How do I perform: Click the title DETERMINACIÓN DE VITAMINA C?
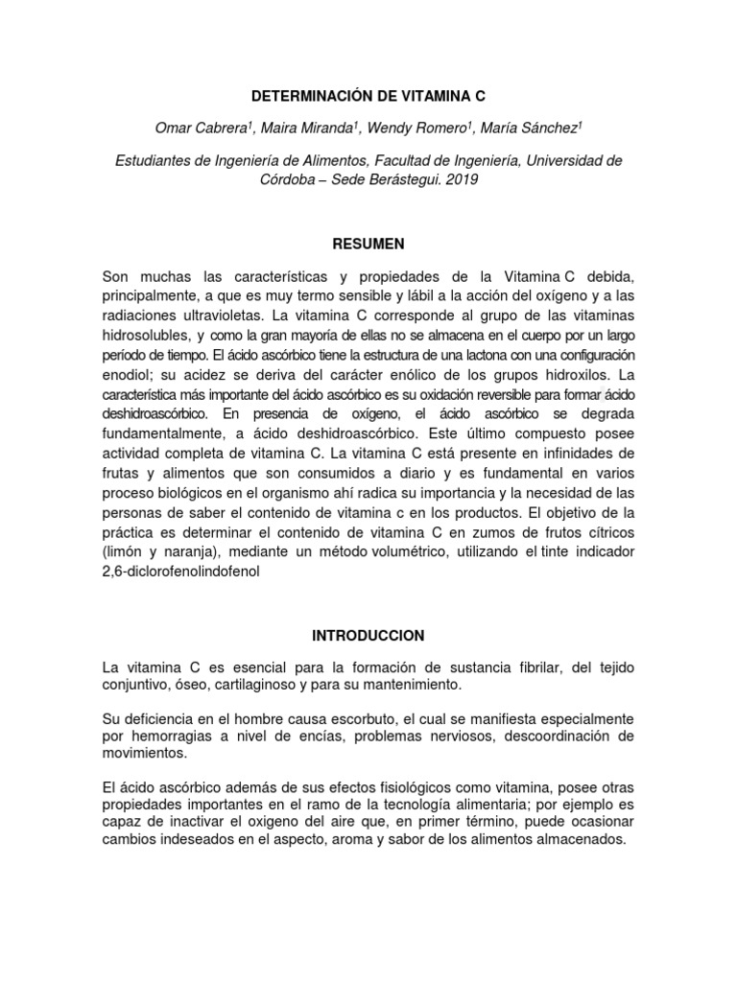coord(368,96)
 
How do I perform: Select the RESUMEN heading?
coord(368,244)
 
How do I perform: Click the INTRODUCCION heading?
coord(368,635)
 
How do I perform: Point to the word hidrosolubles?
coord(146,335)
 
